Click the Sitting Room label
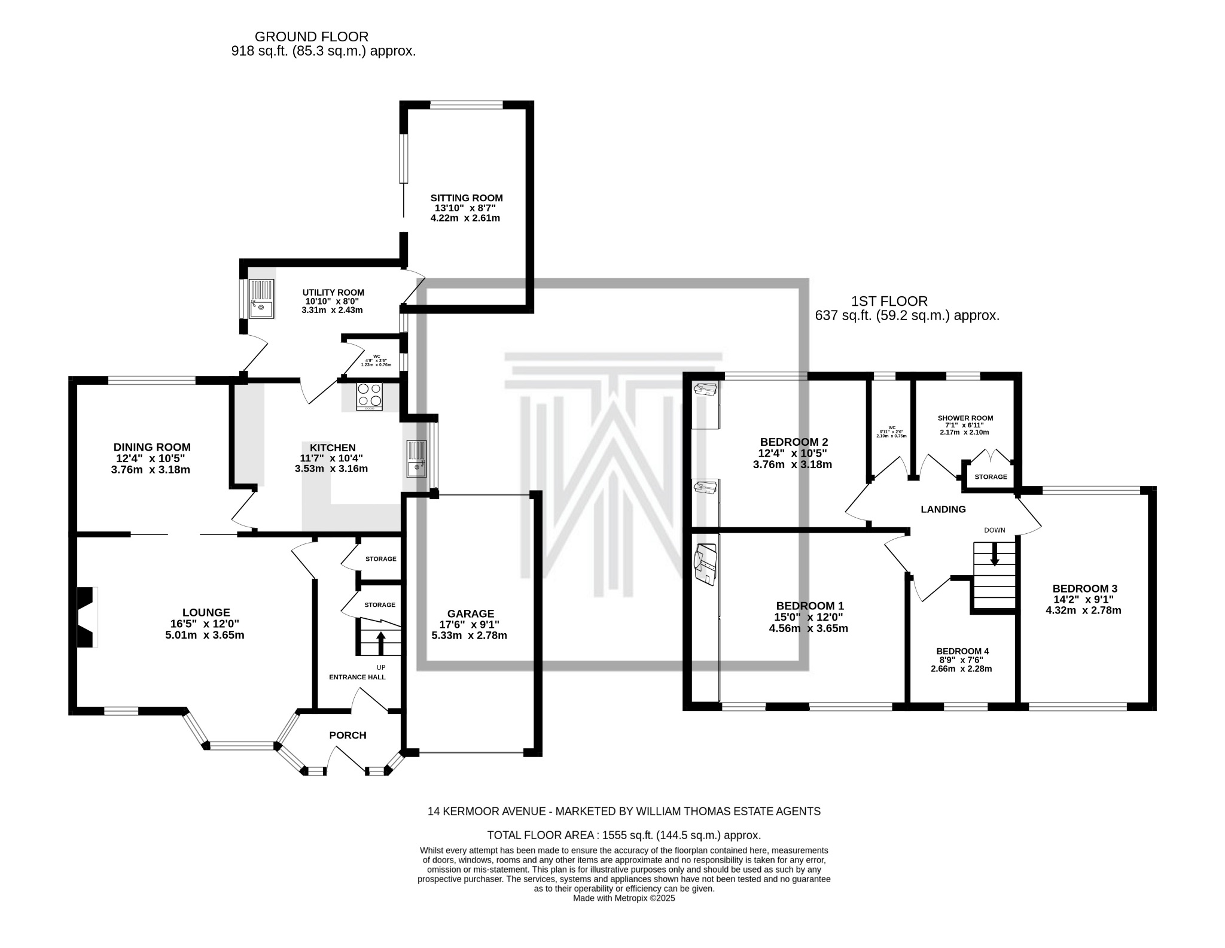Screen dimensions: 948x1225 (x=467, y=198)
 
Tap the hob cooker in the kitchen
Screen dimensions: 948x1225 (x=369, y=396)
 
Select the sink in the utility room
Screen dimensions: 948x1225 (x=261, y=299)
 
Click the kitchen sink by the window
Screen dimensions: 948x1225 (x=417, y=458)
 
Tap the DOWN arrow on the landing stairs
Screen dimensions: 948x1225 (x=995, y=554)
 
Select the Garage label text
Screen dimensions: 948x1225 (x=471, y=613)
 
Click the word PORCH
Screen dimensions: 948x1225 (x=348, y=735)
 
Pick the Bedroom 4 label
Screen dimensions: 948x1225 (x=962, y=651)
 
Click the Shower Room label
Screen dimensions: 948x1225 (x=965, y=418)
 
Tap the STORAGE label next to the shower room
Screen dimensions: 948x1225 (x=991, y=477)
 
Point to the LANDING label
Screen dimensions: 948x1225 (x=943, y=509)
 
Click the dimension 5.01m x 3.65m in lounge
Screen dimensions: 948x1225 (x=205, y=635)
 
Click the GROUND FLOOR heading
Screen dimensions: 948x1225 (x=312, y=37)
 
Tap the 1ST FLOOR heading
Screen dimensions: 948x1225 (x=889, y=302)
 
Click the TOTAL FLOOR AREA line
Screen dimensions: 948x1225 (x=624, y=835)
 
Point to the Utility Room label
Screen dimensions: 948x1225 (x=333, y=293)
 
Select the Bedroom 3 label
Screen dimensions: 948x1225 (x=1084, y=588)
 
